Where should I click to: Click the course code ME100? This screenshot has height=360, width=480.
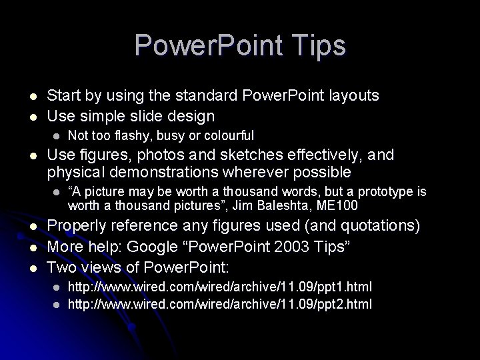tap(338, 205)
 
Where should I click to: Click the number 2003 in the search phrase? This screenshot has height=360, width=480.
tap(283, 247)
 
